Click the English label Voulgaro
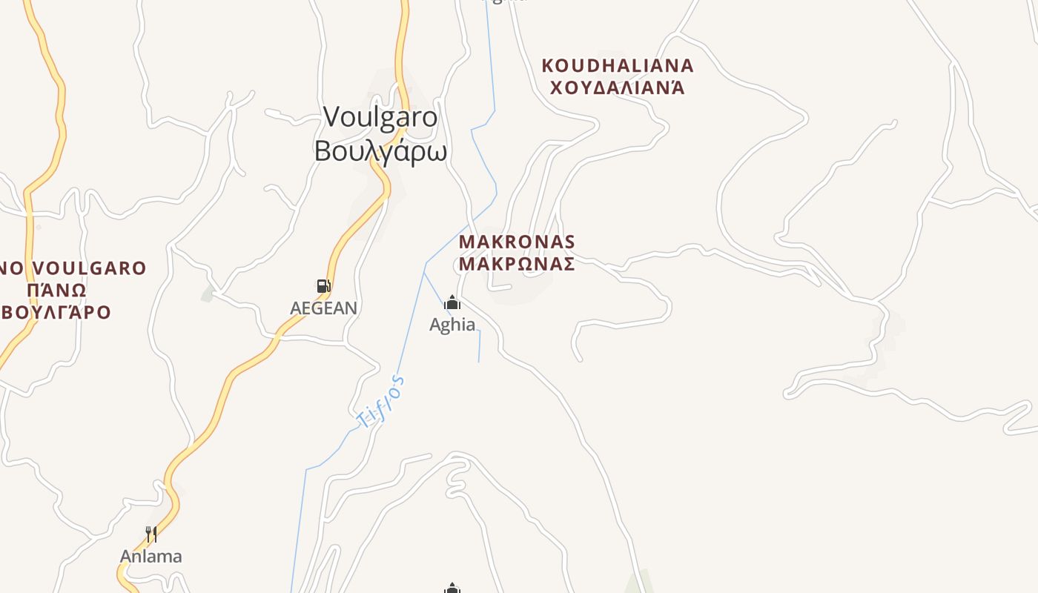(x=380, y=117)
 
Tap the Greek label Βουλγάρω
(x=380, y=151)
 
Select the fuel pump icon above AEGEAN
(x=323, y=286)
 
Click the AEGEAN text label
(x=323, y=308)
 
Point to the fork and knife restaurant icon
(x=151, y=534)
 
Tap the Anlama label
(x=151, y=557)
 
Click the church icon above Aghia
(x=452, y=302)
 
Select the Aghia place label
(x=452, y=325)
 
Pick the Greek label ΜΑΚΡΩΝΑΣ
(x=517, y=264)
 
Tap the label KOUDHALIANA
(x=618, y=66)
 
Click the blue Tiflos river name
(x=383, y=402)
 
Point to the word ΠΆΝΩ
(x=56, y=290)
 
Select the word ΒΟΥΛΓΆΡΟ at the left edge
(x=56, y=312)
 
